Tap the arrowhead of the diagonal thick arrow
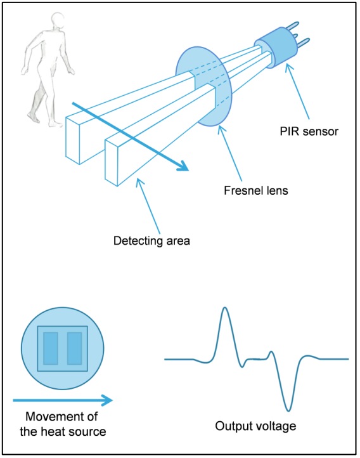[183, 167]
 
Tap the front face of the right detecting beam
[113, 164]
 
